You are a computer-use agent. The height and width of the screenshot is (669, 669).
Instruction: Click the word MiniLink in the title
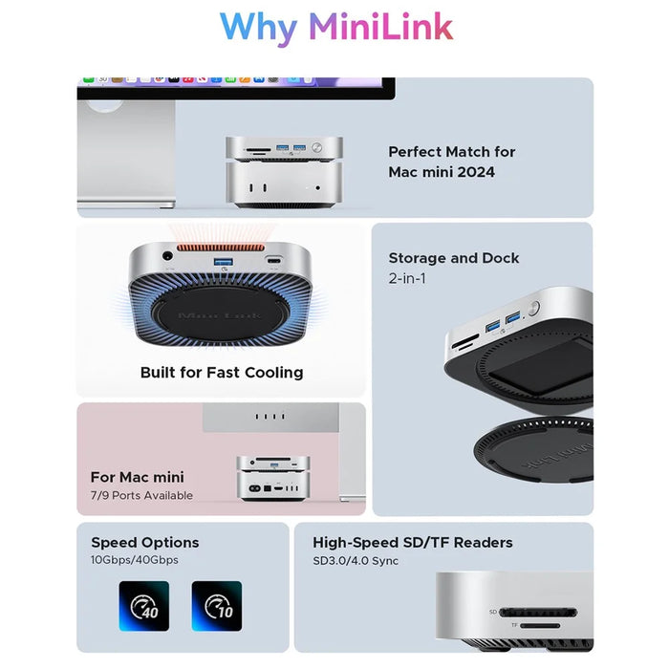(380, 27)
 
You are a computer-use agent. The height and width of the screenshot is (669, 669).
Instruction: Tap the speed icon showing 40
(143, 606)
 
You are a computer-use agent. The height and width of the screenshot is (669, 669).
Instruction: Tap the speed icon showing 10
(217, 606)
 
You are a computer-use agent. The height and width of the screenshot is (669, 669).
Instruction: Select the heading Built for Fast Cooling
(222, 373)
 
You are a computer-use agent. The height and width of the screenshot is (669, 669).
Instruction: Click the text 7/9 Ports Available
(141, 495)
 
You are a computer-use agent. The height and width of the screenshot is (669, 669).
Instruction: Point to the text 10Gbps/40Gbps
(135, 560)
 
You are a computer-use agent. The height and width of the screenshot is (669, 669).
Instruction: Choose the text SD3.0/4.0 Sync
(356, 561)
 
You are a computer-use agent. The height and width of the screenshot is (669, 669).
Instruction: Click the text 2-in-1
(407, 279)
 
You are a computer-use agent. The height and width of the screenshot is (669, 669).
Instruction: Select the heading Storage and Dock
(454, 258)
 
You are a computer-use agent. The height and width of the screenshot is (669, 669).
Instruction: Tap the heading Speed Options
(145, 543)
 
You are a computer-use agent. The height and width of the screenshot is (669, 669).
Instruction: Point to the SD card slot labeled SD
(538, 613)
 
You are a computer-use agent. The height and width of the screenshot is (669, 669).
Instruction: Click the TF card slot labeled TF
(540, 626)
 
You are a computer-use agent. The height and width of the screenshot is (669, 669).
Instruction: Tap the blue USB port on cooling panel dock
(224, 261)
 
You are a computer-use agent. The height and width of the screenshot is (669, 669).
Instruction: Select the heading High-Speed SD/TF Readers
(413, 543)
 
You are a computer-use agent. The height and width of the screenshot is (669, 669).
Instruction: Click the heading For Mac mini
(138, 477)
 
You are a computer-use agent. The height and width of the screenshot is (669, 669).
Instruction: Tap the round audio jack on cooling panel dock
(167, 257)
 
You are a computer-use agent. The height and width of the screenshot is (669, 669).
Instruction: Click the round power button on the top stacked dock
(316, 147)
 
